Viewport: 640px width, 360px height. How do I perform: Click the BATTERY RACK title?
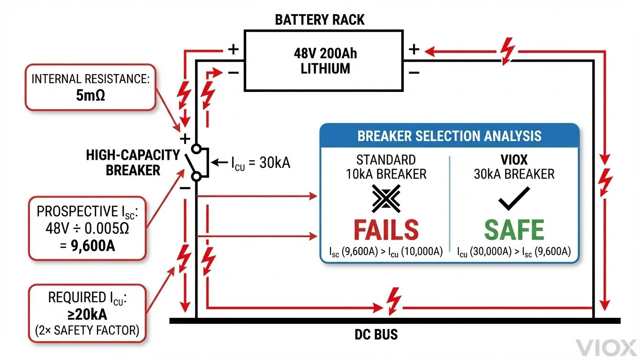click(x=320, y=20)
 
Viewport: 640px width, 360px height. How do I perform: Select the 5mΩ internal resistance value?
click(x=90, y=96)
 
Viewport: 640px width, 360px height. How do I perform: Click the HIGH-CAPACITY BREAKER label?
click(x=133, y=162)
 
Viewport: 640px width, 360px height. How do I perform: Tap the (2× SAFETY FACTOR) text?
click(x=87, y=330)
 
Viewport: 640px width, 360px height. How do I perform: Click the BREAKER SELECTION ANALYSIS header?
click(x=449, y=136)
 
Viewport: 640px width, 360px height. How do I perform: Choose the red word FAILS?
click(x=386, y=230)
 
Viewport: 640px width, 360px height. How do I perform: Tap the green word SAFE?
click(x=514, y=230)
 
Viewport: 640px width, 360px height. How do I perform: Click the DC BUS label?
click(x=376, y=335)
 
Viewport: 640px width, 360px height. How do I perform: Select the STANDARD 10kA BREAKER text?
click(x=386, y=167)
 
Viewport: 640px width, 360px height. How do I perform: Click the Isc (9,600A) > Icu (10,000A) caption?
click(x=386, y=252)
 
